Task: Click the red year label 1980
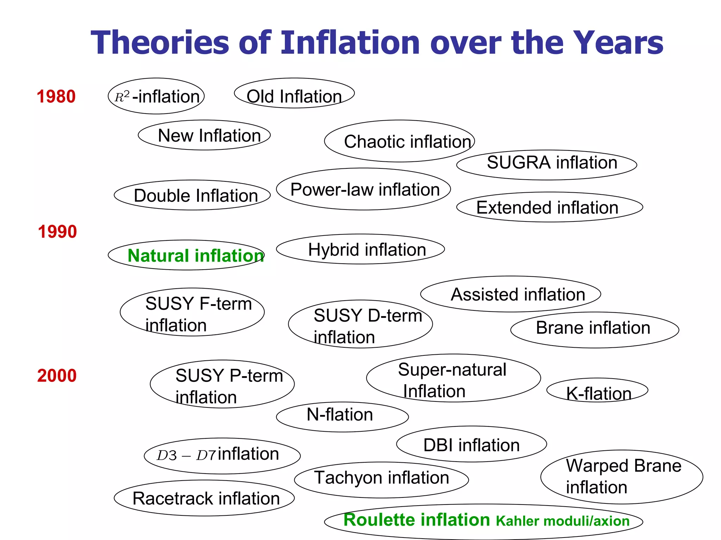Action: pos(56,97)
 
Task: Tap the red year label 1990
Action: pos(57,232)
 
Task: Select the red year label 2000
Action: pos(57,375)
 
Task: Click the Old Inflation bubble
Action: pos(294,93)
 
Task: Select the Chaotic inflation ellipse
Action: pos(399,141)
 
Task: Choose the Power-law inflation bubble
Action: pos(363,189)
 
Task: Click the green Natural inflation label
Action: pos(195,256)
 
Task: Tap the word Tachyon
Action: pos(348,478)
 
